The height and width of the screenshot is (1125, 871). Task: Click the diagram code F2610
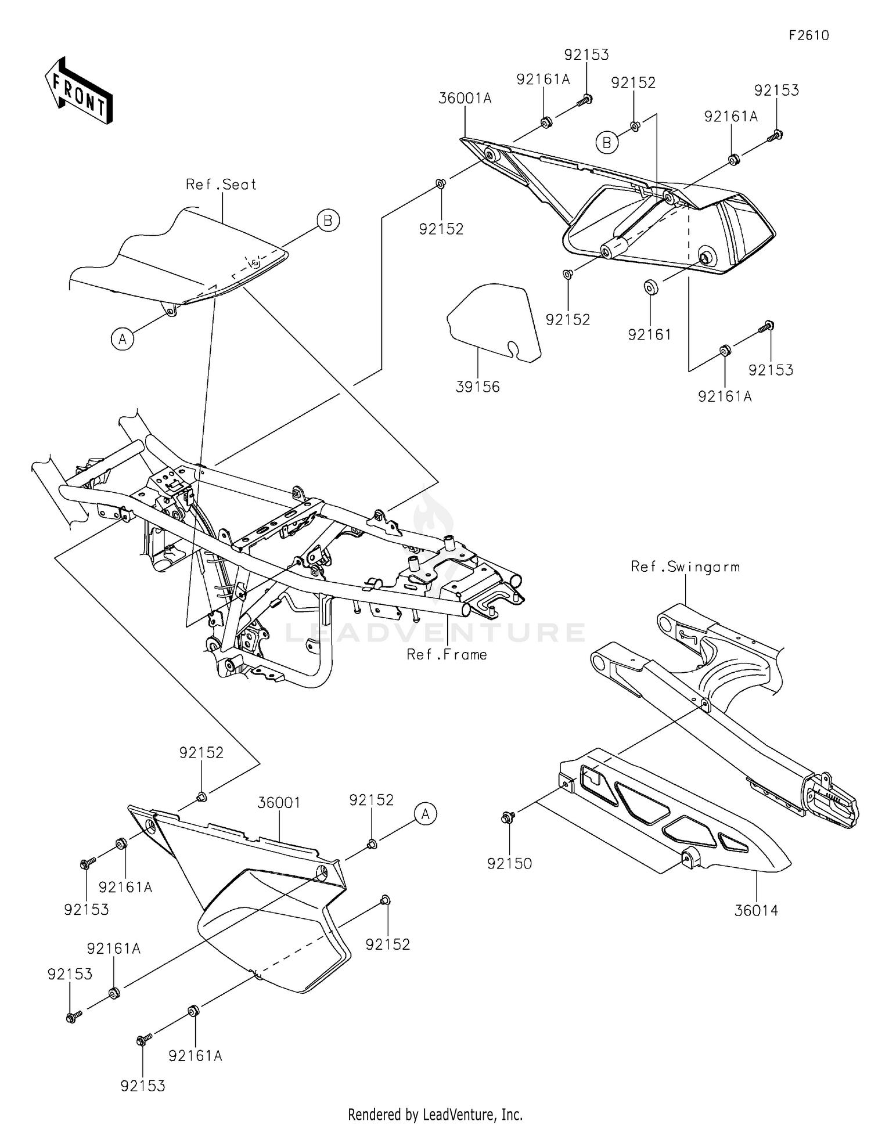click(809, 35)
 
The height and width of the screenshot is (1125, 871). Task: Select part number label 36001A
click(465, 99)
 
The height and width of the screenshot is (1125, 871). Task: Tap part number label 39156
click(477, 387)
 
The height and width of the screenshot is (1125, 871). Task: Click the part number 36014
click(756, 910)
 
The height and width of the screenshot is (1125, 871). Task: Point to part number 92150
click(509, 864)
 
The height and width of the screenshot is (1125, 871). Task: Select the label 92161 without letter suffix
click(649, 334)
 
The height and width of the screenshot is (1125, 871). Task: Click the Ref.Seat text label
click(221, 185)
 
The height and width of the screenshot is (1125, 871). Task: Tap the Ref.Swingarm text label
click(685, 567)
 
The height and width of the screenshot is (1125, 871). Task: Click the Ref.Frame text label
click(447, 655)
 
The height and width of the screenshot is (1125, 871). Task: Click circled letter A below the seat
click(122, 338)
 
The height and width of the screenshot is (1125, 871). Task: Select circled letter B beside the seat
click(328, 221)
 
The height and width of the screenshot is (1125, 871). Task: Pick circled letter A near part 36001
click(426, 814)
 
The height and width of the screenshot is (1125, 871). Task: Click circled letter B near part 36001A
click(607, 142)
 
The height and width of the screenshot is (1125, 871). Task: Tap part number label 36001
click(279, 803)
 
